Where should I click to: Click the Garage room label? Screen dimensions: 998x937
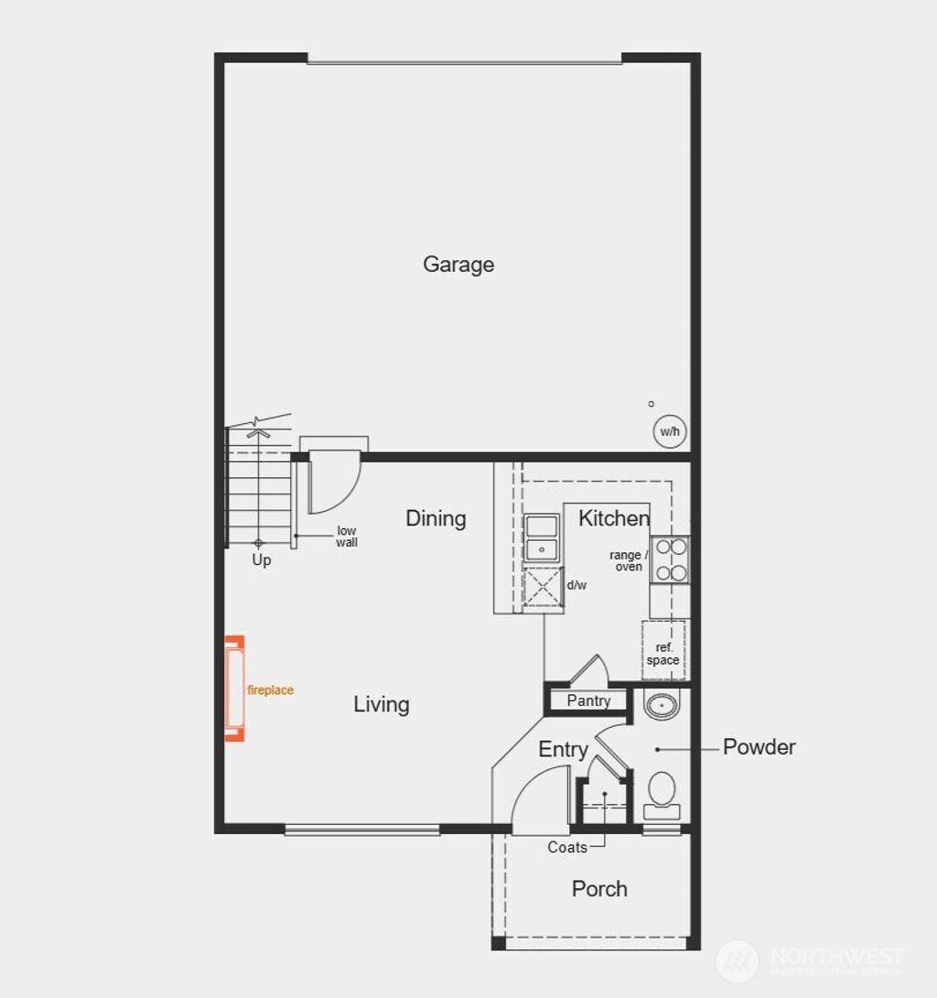click(x=458, y=265)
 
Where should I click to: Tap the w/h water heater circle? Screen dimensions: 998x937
click(x=670, y=431)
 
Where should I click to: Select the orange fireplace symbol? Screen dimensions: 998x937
click(x=235, y=688)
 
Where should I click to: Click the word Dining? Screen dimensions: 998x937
click(x=436, y=518)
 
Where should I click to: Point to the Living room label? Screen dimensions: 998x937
click(x=382, y=704)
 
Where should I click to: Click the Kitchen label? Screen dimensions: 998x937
click(x=613, y=518)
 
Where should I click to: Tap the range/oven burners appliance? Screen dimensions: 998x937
click(x=670, y=559)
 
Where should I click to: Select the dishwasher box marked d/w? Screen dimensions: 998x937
click(x=544, y=587)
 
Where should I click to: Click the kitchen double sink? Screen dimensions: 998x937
click(x=542, y=538)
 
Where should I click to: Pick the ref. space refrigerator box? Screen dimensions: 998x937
click(x=663, y=652)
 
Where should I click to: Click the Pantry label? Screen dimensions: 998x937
click(x=588, y=701)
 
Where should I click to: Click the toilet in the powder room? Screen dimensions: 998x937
click(x=662, y=793)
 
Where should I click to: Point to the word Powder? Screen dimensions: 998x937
click(x=759, y=747)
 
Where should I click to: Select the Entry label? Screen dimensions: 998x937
click(x=563, y=750)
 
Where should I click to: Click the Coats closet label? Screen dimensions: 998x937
click(x=567, y=848)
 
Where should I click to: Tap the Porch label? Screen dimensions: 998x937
click(x=599, y=889)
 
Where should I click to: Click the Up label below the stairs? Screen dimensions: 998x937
click(x=262, y=560)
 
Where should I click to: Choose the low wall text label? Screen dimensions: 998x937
click(x=347, y=537)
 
